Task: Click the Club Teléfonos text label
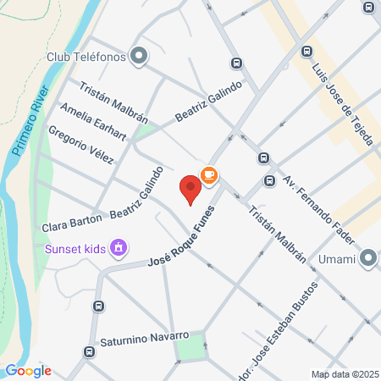86,58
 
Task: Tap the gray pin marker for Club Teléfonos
141,58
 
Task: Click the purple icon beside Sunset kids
120,248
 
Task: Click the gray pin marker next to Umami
368,258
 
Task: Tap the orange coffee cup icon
208,175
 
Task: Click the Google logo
28,371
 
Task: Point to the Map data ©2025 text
344,374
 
